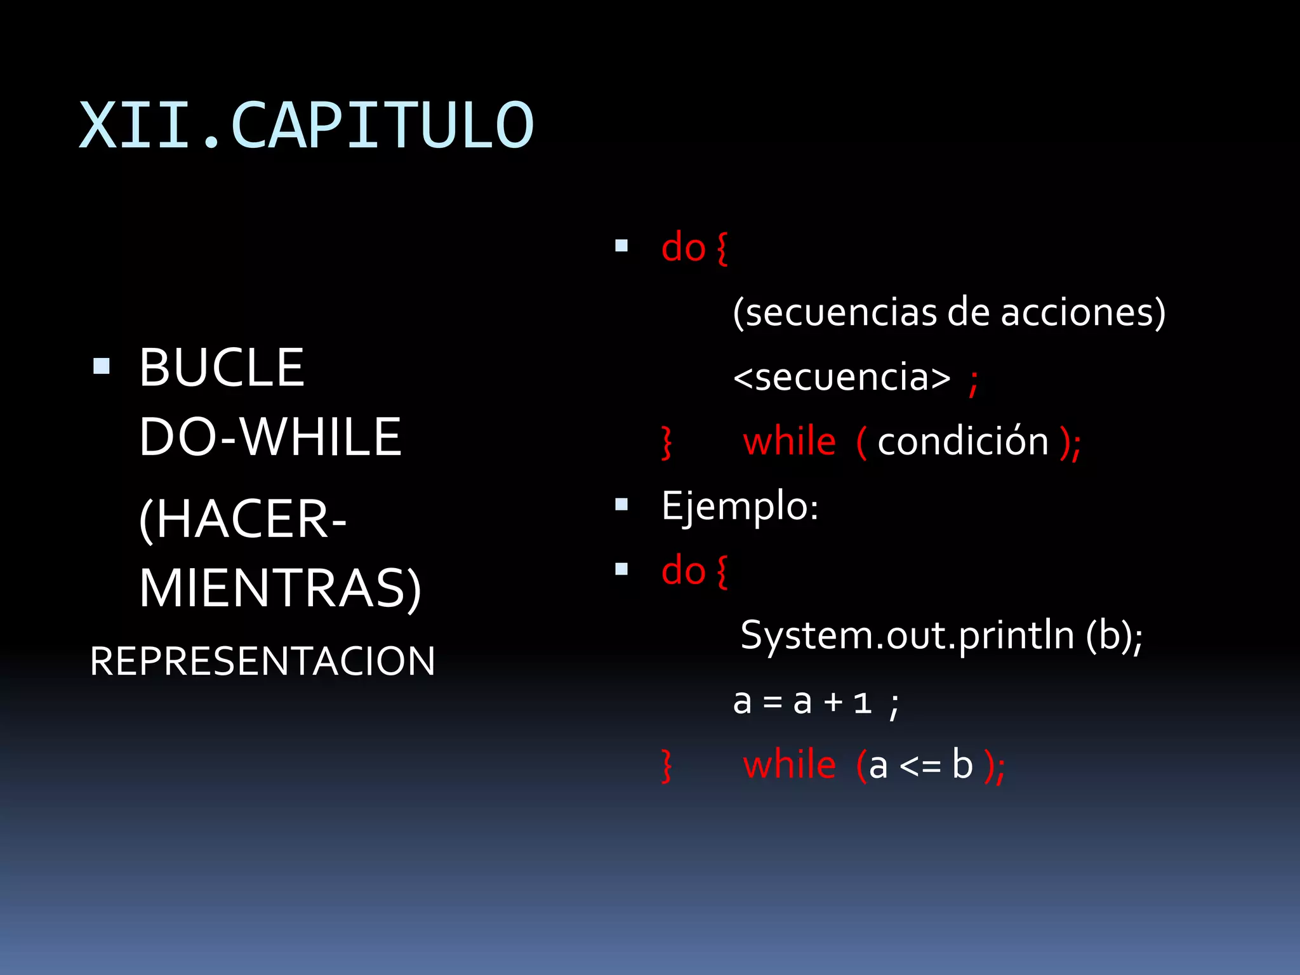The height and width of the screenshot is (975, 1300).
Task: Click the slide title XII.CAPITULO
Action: pyautogui.click(x=307, y=126)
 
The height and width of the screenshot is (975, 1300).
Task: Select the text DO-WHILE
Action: pyautogui.click(x=270, y=437)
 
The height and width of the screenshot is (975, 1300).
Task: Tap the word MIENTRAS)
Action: pyautogui.click(x=280, y=588)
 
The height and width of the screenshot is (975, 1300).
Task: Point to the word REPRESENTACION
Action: pyautogui.click(x=263, y=661)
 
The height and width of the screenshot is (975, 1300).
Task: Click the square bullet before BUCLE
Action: pyautogui.click(x=102, y=366)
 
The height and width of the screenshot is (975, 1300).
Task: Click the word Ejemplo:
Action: pyautogui.click(x=740, y=506)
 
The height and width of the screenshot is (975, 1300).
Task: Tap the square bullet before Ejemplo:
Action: pyautogui.click(x=621, y=505)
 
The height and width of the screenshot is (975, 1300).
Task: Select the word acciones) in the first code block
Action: pyautogui.click(x=1083, y=312)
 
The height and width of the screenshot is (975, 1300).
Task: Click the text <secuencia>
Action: pyautogui.click(x=842, y=377)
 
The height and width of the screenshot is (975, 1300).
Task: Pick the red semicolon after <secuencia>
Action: pyautogui.click(x=973, y=382)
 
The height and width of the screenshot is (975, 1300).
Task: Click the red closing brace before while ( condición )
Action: pyautogui.click(x=666, y=442)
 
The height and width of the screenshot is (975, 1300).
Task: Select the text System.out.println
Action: pyautogui.click(x=907, y=635)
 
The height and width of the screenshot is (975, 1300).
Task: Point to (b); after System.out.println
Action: pyautogui.click(x=1114, y=635)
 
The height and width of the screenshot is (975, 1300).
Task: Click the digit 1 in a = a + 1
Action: pyautogui.click(x=862, y=703)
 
